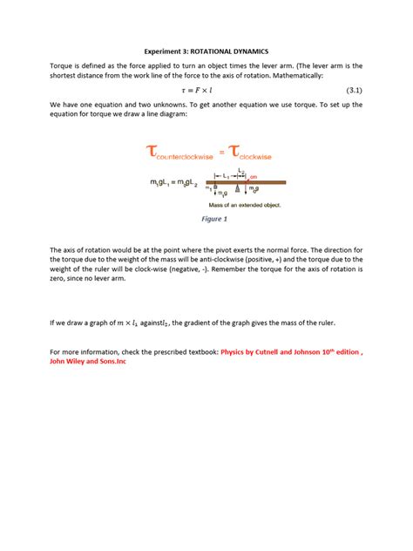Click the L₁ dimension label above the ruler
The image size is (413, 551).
tap(226, 174)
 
